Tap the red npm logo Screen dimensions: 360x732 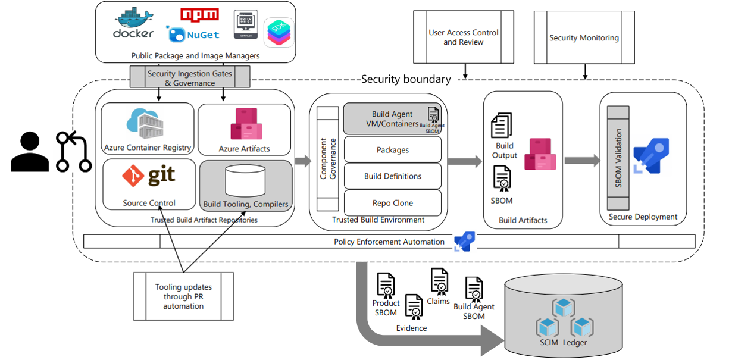click(x=199, y=15)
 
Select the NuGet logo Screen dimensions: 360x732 click(x=193, y=35)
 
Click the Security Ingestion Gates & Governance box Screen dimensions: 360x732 click(x=190, y=78)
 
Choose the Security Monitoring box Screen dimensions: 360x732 click(x=584, y=37)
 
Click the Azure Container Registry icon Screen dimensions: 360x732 click(x=147, y=124)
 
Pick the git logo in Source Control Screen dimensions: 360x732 click(x=149, y=177)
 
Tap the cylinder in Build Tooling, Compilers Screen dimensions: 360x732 click(x=245, y=179)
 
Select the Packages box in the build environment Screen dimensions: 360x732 click(x=393, y=150)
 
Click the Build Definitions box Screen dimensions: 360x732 click(x=393, y=176)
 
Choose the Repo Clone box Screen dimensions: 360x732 click(x=393, y=203)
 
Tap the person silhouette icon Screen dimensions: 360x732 click(x=30, y=152)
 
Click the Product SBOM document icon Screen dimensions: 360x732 click(x=386, y=286)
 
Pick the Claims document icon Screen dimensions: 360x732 click(x=439, y=281)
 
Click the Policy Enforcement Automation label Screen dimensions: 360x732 click(x=389, y=242)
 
